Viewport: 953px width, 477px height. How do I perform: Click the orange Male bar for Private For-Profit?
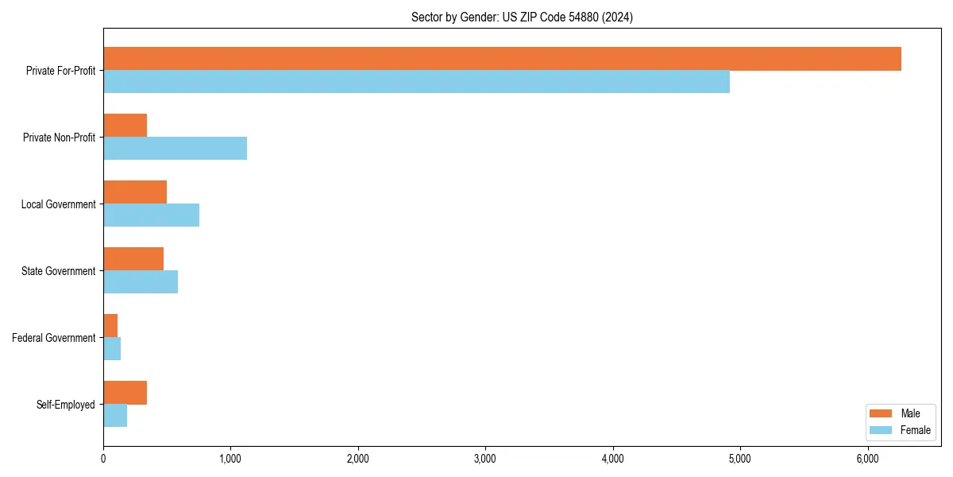[502, 59]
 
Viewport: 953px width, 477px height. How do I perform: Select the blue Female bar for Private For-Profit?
[416, 82]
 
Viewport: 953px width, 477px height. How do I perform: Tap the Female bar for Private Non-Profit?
[175, 149]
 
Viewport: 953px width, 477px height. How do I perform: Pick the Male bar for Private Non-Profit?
[125, 126]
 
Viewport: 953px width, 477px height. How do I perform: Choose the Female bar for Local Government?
[151, 215]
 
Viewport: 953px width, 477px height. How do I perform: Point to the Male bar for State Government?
[133, 259]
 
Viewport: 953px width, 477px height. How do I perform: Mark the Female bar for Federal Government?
[112, 349]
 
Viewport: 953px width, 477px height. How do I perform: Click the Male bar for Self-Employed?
[125, 393]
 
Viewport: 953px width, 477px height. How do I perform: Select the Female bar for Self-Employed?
[115, 416]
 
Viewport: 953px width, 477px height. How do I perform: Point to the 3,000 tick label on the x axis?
[484, 458]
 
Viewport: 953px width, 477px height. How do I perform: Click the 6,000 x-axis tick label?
[867, 458]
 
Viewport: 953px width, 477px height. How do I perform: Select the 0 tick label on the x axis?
[103, 458]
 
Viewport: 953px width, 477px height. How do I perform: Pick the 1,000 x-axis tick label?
[230, 458]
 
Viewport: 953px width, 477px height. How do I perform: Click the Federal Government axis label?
[54, 338]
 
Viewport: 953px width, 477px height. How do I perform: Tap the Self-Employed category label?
[66, 405]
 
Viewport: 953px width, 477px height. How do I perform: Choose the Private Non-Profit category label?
[59, 138]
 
